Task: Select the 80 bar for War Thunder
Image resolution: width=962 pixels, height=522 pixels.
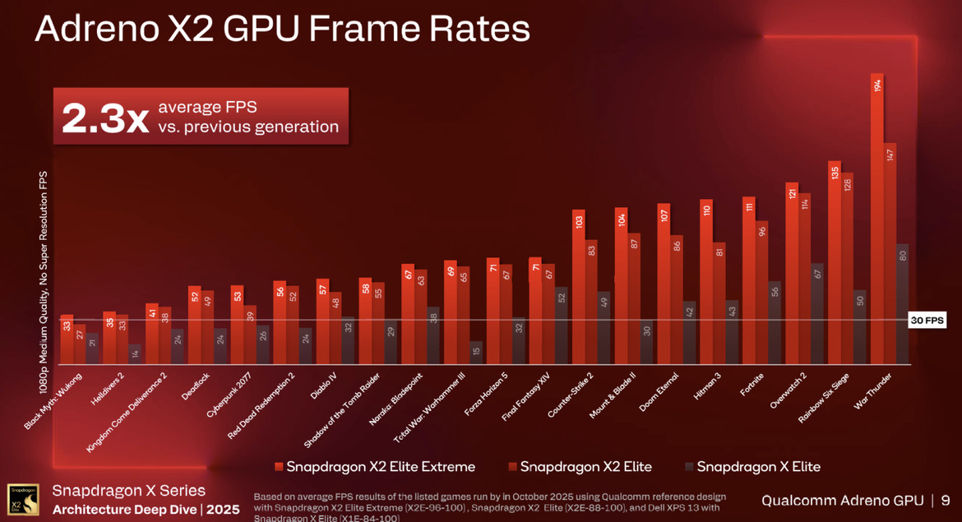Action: (902, 304)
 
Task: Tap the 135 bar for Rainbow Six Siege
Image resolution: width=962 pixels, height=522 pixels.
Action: (835, 262)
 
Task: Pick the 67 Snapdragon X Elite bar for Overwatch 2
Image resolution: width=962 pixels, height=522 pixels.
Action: (816, 313)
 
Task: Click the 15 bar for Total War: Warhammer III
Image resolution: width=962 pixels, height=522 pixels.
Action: (476, 353)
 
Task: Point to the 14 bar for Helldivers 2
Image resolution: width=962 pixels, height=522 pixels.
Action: (135, 354)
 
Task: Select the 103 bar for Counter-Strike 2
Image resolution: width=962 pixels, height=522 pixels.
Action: (579, 287)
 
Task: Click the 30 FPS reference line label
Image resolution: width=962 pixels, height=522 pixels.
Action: (927, 321)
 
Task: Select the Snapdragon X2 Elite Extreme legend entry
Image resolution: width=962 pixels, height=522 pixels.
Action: (375, 467)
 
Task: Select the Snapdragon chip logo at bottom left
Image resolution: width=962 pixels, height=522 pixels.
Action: (22, 499)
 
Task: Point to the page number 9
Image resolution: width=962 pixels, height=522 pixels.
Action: (946, 500)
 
